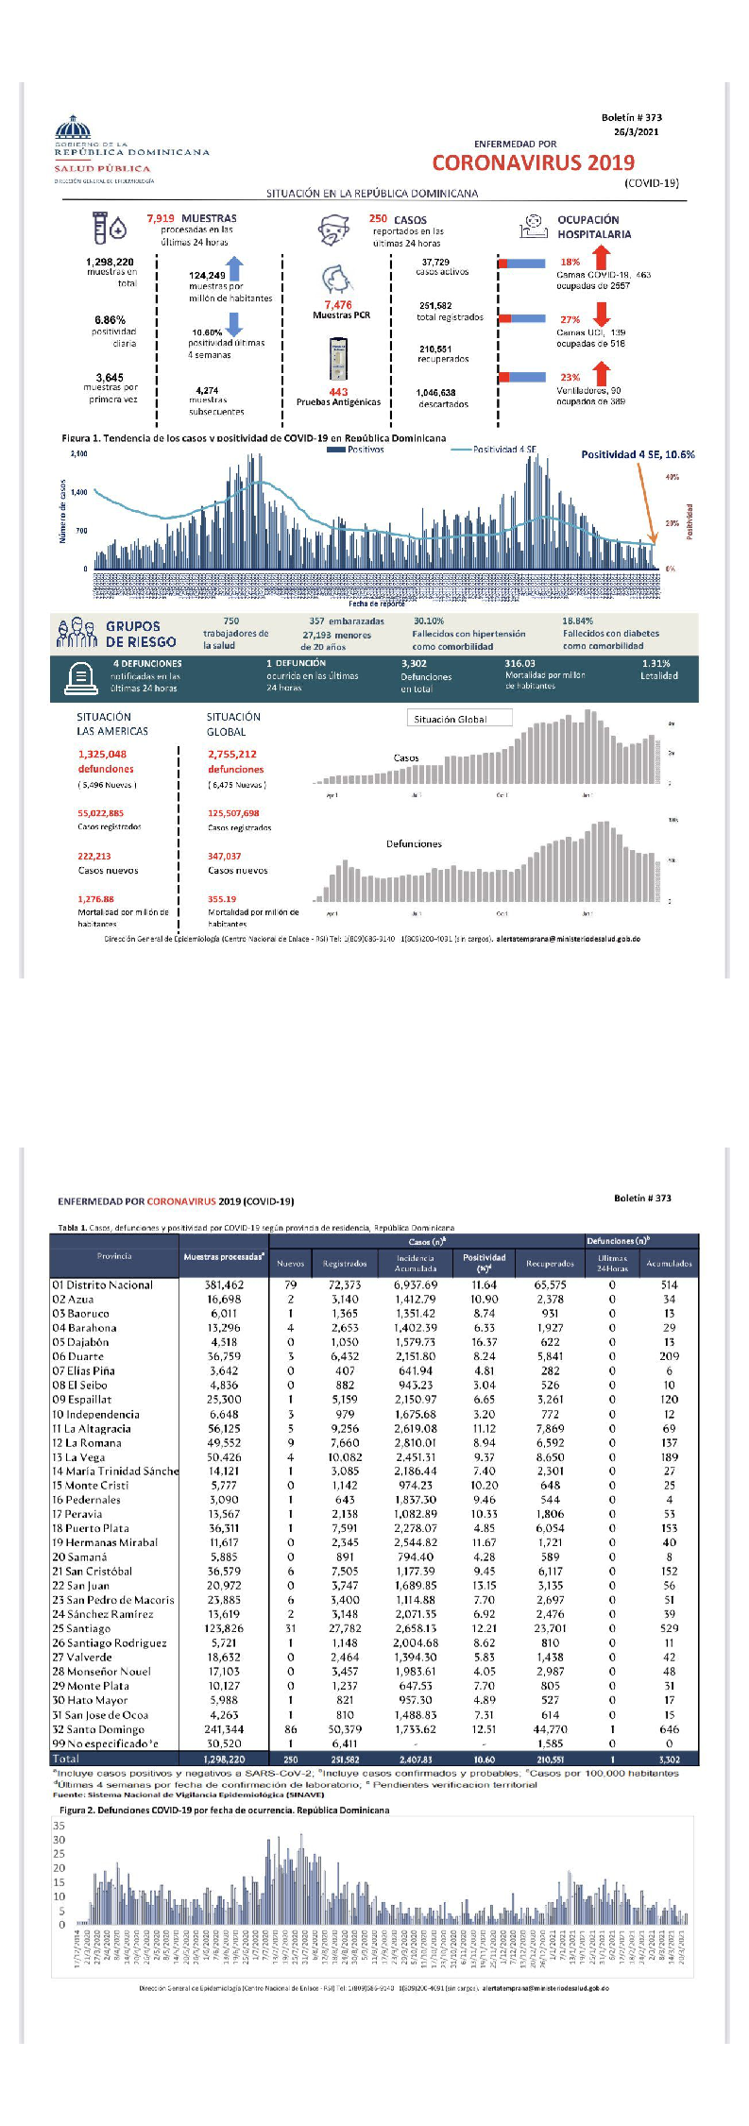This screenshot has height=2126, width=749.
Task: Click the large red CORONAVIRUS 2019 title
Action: click(534, 162)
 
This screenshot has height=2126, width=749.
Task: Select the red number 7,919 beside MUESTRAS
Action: click(161, 218)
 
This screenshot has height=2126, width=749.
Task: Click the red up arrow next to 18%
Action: click(601, 257)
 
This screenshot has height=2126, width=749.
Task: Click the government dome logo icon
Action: click(73, 128)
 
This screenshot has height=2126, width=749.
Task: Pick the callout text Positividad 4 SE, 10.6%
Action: click(638, 454)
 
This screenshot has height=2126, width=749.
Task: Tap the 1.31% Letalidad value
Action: click(655, 664)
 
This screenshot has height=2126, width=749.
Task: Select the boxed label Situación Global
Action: click(451, 719)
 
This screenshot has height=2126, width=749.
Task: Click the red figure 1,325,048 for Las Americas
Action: click(102, 754)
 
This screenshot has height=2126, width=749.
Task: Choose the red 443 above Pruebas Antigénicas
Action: click(338, 392)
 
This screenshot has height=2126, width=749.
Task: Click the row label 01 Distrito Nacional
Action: click(103, 1284)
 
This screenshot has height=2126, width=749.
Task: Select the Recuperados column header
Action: click(550, 1263)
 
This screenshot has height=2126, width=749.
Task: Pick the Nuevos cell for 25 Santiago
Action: click(290, 1628)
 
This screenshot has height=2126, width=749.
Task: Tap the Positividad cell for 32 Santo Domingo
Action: click(484, 1729)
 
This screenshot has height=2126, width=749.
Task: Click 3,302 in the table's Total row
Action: click(669, 1760)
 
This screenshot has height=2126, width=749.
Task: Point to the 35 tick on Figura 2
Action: click(60, 1826)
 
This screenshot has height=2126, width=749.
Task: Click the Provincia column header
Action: click(114, 1256)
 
